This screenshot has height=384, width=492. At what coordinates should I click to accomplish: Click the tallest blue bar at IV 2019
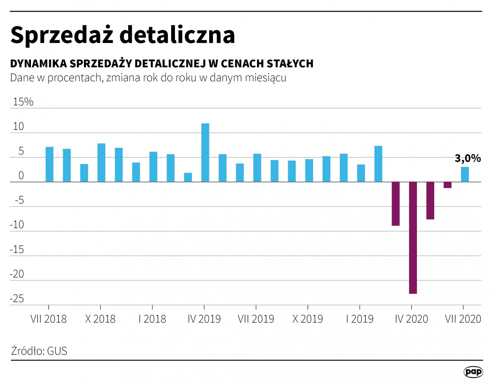pos(205,152)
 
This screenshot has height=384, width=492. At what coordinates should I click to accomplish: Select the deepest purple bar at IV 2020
pos(413,238)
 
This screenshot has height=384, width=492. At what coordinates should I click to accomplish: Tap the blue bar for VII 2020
pos(465,174)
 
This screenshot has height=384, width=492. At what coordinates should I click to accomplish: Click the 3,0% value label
pos(468,158)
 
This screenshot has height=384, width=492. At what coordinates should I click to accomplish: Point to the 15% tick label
pos(23,102)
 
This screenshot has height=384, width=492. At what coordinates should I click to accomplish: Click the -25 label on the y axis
pos(17,299)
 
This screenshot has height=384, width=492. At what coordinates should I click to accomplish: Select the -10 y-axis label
pos(17,225)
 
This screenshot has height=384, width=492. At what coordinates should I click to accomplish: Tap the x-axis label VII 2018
pos(48,319)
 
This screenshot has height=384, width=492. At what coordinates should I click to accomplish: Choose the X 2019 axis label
pos(307,319)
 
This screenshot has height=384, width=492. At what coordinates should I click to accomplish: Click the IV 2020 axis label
pos(411,319)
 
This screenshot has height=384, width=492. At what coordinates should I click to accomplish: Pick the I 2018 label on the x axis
pos(152,319)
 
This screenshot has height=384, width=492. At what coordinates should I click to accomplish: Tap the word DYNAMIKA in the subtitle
pos(38,63)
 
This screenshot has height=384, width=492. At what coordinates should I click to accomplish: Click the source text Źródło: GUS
pos(39,351)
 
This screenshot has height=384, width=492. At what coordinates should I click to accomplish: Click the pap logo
pos(473,372)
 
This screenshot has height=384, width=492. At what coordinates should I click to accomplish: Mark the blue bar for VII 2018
pos(49,164)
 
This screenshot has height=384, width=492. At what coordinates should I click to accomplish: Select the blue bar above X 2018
pos(102,162)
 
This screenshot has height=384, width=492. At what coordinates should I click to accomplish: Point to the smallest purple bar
pos(447,185)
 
